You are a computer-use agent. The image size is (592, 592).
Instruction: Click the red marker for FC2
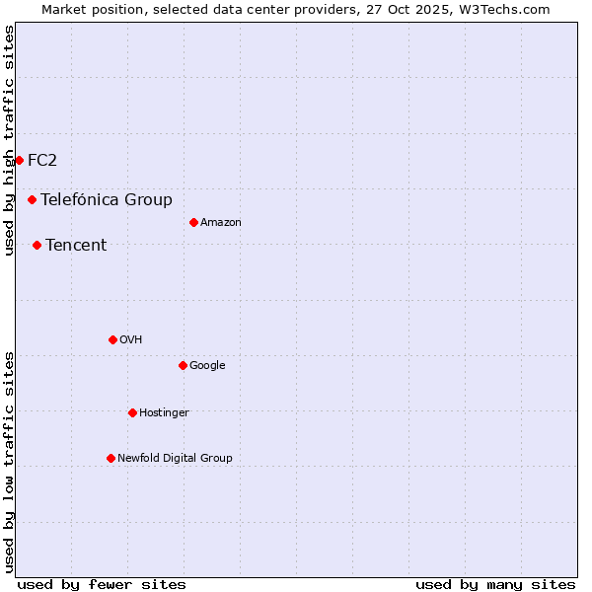[19, 160]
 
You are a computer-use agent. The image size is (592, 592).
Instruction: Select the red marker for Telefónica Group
[32, 199]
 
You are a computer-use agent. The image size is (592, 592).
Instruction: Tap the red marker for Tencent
[37, 245]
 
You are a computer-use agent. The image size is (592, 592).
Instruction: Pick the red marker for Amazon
[193, 222]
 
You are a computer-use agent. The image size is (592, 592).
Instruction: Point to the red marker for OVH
[112, 339]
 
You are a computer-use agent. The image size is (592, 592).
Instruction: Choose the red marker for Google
[183, 365]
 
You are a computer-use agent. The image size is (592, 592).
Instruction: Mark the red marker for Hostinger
[132, 412]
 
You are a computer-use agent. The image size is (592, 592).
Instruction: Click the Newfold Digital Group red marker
[111, 458]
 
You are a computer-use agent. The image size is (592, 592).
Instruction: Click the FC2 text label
[42, 160]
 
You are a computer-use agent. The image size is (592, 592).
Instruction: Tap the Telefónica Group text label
[107, 199]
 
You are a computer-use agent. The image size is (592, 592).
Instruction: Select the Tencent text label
[76, 245]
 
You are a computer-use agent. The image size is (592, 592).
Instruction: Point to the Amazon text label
[221, 222]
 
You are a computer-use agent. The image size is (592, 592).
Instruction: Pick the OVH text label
[131, 339]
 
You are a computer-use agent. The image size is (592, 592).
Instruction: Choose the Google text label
[207, 365]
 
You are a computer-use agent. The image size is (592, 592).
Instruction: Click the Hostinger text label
[164, 412]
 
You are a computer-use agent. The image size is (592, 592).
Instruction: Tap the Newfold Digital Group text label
[175, 458]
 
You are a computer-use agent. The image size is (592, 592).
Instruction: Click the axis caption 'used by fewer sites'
[102, 584]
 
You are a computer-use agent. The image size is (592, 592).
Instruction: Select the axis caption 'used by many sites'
[495, 584]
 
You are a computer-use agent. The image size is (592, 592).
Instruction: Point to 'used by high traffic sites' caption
[9, 140]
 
